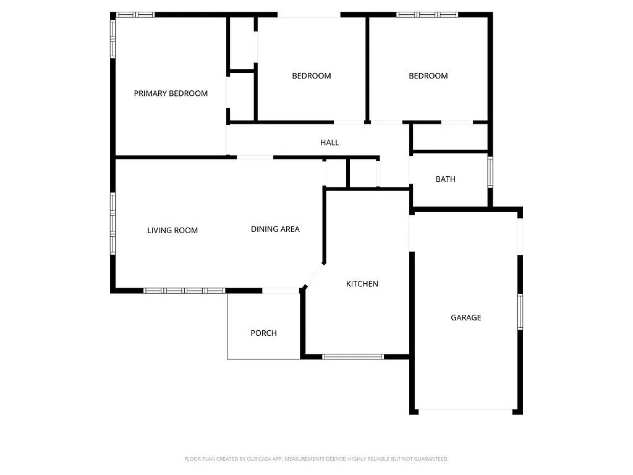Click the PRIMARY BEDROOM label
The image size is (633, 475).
[x=171, y=93]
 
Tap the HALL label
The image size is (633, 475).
[x=329, y=142]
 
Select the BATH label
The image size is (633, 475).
[x=445, y=179]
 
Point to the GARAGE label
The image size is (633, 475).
[x=465, y=317]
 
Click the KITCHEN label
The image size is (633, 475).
[x=362, y=284]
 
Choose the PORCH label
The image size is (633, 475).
[x=263, y=333]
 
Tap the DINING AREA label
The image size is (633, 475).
[x=275, y=229]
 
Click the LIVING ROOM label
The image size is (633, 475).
[x=172, y=230]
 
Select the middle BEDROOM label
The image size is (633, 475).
[x=311, y=75]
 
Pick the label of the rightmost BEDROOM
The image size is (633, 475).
[x=428, y=75]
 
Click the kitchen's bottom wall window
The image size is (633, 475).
[x=353, y=356]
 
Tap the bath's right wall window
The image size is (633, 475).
[x=490, y=173]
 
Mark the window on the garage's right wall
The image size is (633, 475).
[x=520, y=312]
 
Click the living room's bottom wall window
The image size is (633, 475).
[x=184, y=290]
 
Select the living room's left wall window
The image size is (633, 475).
[x=113, y=223]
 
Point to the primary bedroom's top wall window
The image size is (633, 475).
[x=135, y=14]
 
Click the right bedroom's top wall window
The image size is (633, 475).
[x=427, y=14]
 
